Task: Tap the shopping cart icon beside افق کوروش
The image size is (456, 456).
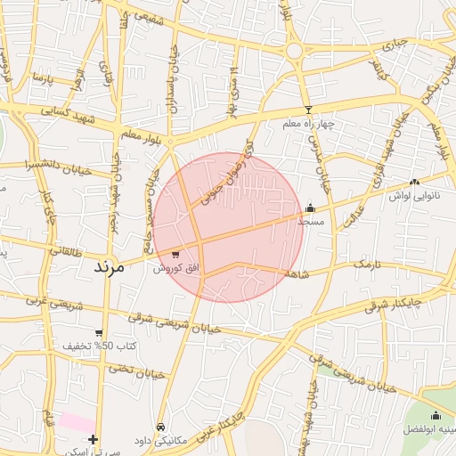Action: [175, 254]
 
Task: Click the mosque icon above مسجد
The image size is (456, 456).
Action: [310, 207]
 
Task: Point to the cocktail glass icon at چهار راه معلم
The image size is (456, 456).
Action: [309, 110]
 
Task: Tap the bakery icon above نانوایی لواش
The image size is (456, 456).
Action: [415, 182]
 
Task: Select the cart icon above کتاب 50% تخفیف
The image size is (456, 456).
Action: [99, 333]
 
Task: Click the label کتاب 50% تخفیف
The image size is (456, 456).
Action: [100, 346]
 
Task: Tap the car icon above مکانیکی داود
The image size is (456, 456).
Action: [160, 427]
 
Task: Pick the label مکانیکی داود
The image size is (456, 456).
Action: [159, 441]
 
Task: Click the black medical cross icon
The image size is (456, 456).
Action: [94, 439]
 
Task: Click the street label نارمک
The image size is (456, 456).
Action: [366, 265]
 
